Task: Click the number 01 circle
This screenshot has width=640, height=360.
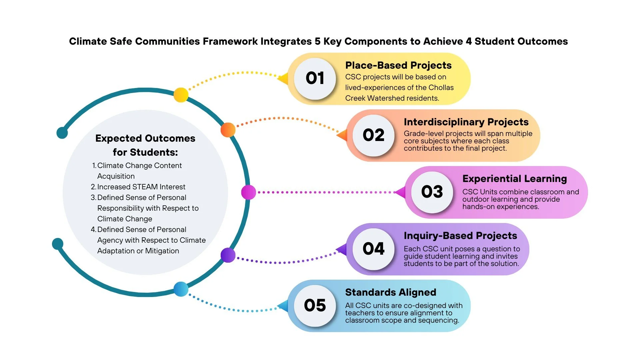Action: click(315, 79)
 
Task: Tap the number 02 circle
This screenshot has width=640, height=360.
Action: click(373, 135)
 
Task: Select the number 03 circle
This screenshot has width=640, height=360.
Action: click(432, 192)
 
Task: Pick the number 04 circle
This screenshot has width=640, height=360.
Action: click(373, 249)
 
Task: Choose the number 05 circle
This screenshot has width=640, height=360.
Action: click(315, 305)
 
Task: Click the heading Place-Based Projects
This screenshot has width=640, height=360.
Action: click(398, 65)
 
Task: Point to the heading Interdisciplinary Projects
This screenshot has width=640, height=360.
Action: click(466, 122)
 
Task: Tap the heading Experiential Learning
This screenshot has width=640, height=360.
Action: click(514, 179)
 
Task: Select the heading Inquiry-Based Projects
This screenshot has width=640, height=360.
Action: click(460, 236)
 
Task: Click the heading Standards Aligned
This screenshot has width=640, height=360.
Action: click(391, 292)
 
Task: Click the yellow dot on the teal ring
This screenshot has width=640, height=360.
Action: click(181, 95)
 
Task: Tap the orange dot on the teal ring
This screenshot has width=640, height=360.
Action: click(228, 130)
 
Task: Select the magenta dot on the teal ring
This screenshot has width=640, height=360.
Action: click(248, 192)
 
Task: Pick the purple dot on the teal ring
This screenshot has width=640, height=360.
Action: click(228, 255)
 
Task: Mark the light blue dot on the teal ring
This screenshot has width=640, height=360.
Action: click(181, 289)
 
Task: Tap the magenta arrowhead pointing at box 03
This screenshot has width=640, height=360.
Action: click(400, 192)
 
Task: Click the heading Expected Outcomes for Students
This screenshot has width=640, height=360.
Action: click(145, 145)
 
